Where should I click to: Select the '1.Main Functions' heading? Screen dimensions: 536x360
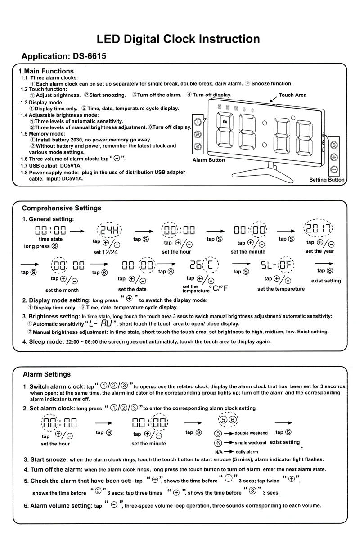coord(45,71)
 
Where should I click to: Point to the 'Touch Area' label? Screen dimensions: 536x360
coord(292,95)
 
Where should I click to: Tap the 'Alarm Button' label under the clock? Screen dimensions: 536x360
coord(208,160)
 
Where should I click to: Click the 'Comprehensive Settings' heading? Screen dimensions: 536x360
coord(62,208)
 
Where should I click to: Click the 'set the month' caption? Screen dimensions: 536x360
coord(62,290)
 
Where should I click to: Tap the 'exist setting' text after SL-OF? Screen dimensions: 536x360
coord(326,281)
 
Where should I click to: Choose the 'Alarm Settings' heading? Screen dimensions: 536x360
coord(47,374)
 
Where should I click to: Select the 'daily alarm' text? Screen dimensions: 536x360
coord(247,452)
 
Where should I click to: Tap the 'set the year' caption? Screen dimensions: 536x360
coord(319,251)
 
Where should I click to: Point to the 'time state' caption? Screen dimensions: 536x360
coord(51,239)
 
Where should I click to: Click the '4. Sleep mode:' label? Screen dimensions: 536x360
coord(43,341)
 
